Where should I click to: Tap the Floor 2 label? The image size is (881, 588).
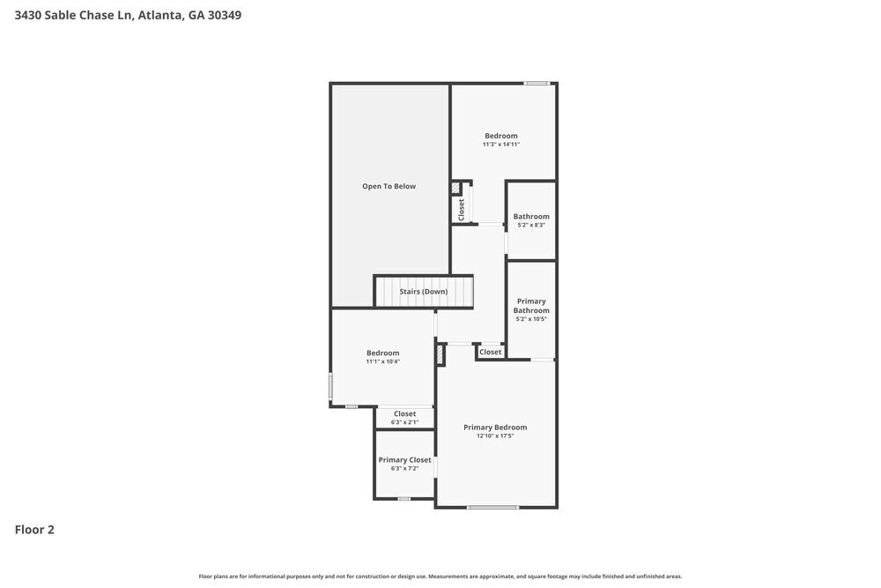pyautogui.click(x=34, y=530)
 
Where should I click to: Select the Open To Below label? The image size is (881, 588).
pyautogui.click(x=389, y=186)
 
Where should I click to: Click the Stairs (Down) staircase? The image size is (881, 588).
pyautogui.click(x=424, y=291)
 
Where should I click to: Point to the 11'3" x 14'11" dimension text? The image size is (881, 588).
pyautogui.click(x=501, y=145)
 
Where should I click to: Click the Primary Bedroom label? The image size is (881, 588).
pyautogui.click(x=495, y=428)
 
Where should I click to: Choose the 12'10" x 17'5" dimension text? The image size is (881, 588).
pyautogui.click(x=495, y=436)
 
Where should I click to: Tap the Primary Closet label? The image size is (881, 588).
pyautogui.click(x=404, y=460)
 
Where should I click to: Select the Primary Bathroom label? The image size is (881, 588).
pyautogui.click(x=531, y=306)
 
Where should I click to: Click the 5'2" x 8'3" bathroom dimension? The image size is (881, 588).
pyautogui.click(x=531, y=225)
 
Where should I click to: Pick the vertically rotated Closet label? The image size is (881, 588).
pyautogui.click(x=461, y=209)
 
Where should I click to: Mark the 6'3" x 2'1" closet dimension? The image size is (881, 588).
pyautogui.click(x=404, y=422)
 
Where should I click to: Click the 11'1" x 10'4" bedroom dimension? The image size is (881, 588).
pyautogui.click(x=383, y=361)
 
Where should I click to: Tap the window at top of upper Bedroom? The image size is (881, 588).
pyautogui.click(x=537, y=84)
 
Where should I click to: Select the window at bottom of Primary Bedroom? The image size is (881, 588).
pyautogui.click(x=492, y=507)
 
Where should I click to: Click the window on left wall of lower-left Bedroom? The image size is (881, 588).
pyautogui.click(x=331, y=386)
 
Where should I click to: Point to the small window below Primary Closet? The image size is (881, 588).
pyautogui.click(x=403, y=499)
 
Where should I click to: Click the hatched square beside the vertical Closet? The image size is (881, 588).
pyautogui.click(x=455, y=189)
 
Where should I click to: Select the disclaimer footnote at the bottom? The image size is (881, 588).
pyautogui.click(x=440, y=576)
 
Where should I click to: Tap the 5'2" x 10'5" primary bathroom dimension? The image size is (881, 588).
pyautogui.click(x=531, y=319)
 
